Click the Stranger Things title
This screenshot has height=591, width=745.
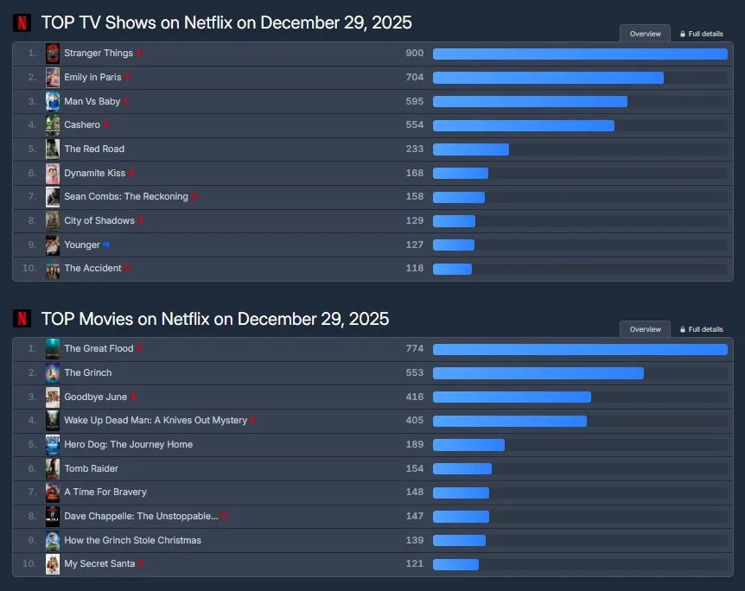click(x=98, y=54)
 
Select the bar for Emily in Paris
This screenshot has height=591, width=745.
click(x=548, y=78)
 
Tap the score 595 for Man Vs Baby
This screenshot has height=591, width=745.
click(x=415, y=101)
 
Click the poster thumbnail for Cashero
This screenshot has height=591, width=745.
click(x=53, y=125)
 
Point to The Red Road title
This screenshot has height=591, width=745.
click(x=94, y=149)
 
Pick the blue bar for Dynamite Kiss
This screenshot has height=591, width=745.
click(x=461, y=173)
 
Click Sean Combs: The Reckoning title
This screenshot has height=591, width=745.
click(x=126, y=197)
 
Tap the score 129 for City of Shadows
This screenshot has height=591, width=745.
click(x=415, y=220)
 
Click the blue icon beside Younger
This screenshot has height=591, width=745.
click(x=106, y=245)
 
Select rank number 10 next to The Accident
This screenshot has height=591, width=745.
click(x=29, y=269)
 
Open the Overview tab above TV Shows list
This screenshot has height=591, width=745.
click(x=645, y=34)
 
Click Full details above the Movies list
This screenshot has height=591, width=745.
click(x=701, y=329)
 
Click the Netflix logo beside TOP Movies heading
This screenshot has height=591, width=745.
click(x=22, y=319)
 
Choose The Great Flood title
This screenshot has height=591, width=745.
click(x=99, y=349)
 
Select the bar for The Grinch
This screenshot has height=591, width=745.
click(x=538, y=373)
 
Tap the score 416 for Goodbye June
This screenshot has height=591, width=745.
click(x=415, y=397)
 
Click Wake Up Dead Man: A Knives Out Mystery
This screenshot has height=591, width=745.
click(x=156, y=421)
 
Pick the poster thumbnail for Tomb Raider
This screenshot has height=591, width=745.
click(x=53, y=468)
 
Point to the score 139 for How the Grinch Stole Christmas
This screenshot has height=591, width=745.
click(x=415, y=540)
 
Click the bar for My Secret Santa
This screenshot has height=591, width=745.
click(x=455, y=564)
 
